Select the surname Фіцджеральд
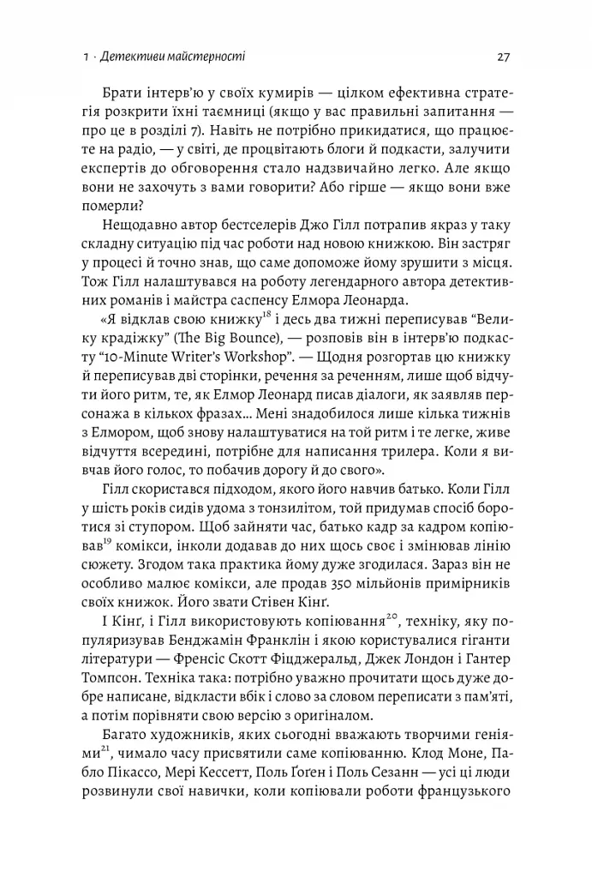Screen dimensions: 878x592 286,662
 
